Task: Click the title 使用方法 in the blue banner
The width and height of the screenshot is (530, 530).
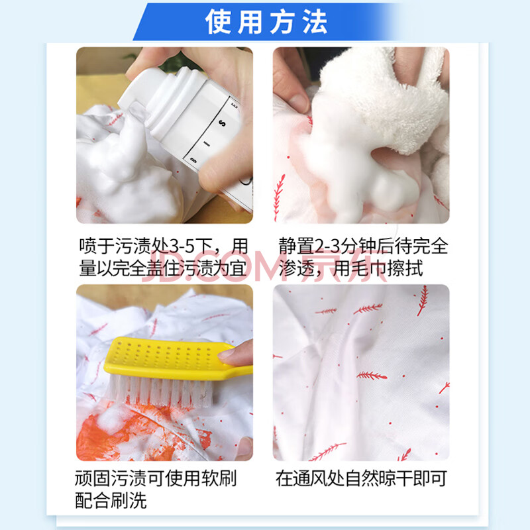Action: (x=266, y=22)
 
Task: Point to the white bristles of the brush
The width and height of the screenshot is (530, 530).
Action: (x=160, y=392)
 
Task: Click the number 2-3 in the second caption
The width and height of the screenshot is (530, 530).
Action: (x=327, y=246)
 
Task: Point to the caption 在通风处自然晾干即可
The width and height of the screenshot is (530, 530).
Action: (x=361, y=478)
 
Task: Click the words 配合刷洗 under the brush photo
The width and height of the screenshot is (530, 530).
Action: (x=111, y=501)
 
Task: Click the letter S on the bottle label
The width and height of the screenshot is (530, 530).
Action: (x=222, y=123)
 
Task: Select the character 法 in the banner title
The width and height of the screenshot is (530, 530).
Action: (x=315, y=22)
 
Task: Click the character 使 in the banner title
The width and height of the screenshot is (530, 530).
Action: (x=218, y=22)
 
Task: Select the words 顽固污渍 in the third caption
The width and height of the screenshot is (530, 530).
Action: (x=111, y=478)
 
